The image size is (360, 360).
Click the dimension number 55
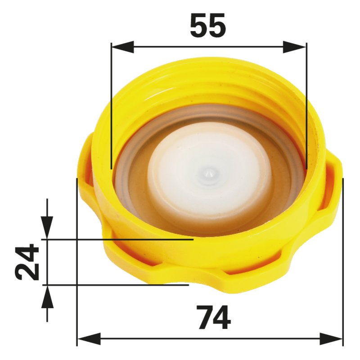click(208, 25)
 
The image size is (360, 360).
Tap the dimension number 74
click(215, 318)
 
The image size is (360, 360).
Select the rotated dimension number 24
click(27, 262)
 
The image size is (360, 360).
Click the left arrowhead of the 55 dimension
click(122, 47)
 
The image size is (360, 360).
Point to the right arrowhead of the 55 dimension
click(295, 47)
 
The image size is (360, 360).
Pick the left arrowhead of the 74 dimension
click(89, 339)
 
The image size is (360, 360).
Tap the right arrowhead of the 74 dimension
click(331, 339)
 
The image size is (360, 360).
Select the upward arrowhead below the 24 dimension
click(47, 297)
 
